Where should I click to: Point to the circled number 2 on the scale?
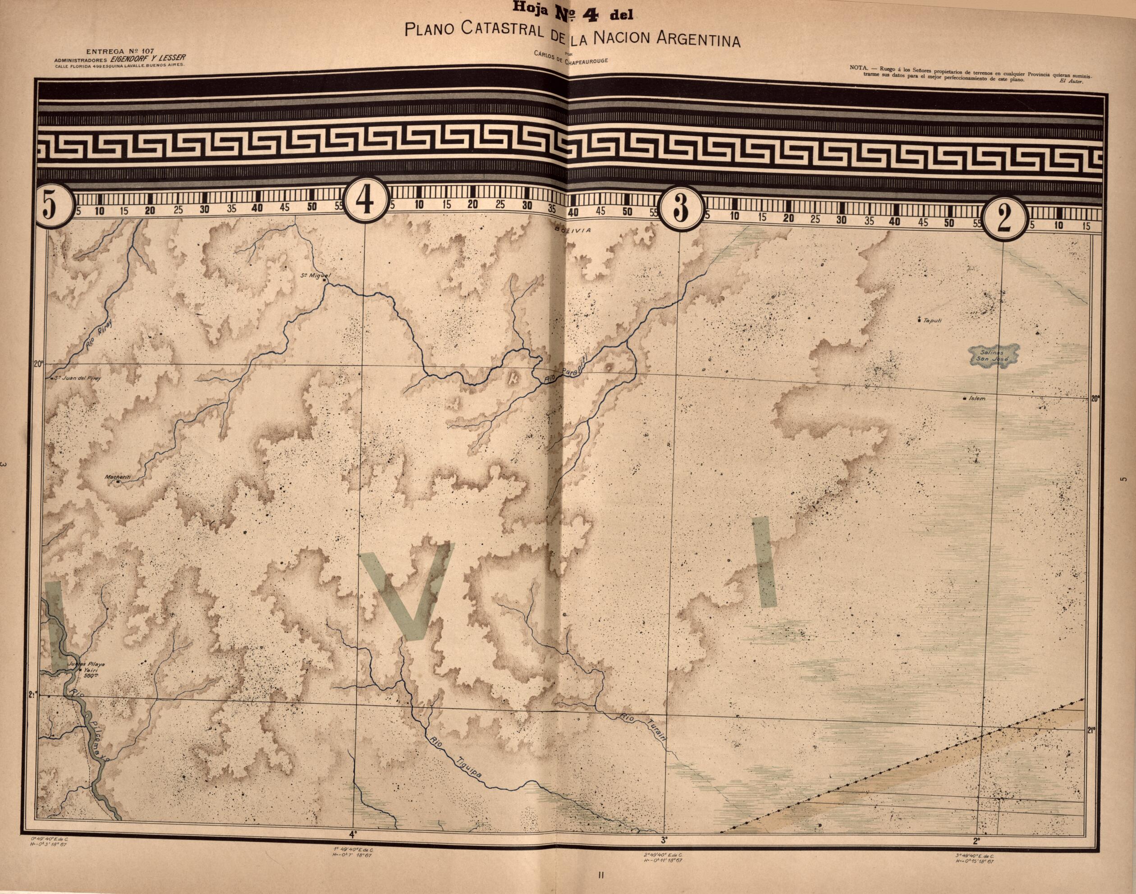coord(1003,219)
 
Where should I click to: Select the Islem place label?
coord(976,399)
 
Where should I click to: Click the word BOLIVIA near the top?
coord(573,230)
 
